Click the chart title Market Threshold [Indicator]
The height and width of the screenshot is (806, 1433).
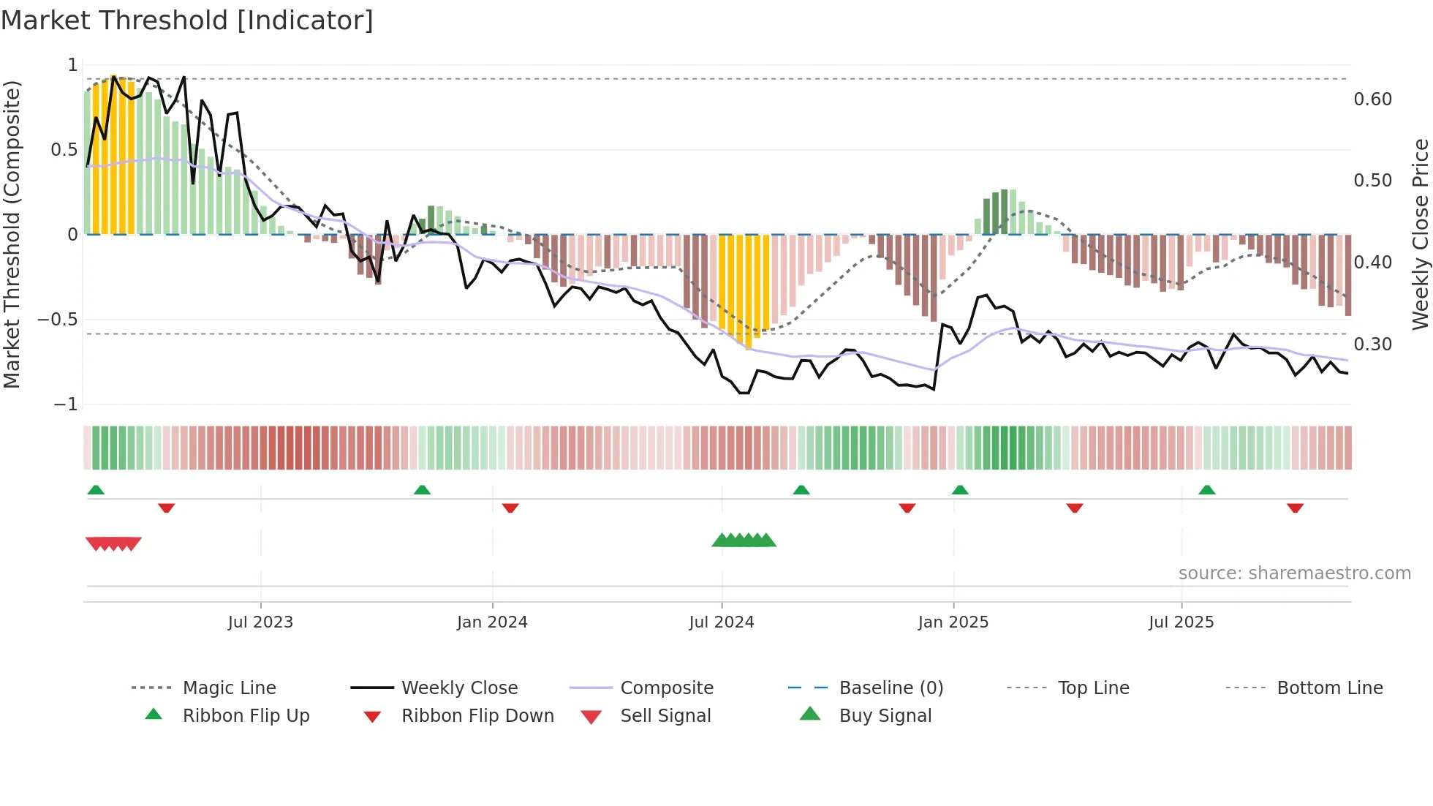(187, 20)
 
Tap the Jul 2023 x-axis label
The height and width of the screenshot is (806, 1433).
(260, 622)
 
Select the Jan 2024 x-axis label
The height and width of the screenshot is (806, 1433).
(492, 622)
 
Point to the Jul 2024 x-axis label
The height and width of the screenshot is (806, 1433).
(722, 622)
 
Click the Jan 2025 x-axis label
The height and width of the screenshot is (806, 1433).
(953, 622)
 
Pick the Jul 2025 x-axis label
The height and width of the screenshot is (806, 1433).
(1181, 622)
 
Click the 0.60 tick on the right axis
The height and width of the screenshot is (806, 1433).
(1372, 99)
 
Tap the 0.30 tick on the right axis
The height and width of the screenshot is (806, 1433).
(1372, 344)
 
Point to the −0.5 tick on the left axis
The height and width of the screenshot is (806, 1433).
(57, 320)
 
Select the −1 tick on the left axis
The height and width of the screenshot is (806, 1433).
(65, 404)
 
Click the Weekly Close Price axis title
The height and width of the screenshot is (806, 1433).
(1420, 234)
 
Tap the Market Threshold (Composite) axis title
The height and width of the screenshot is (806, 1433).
(12, 234)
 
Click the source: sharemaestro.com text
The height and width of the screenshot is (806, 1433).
(1294, 573)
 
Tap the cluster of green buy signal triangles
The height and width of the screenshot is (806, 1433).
(744, 541)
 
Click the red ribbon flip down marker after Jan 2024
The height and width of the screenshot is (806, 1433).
(510, 508)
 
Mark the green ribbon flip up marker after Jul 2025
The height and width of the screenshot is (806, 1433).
(1207, 490)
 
